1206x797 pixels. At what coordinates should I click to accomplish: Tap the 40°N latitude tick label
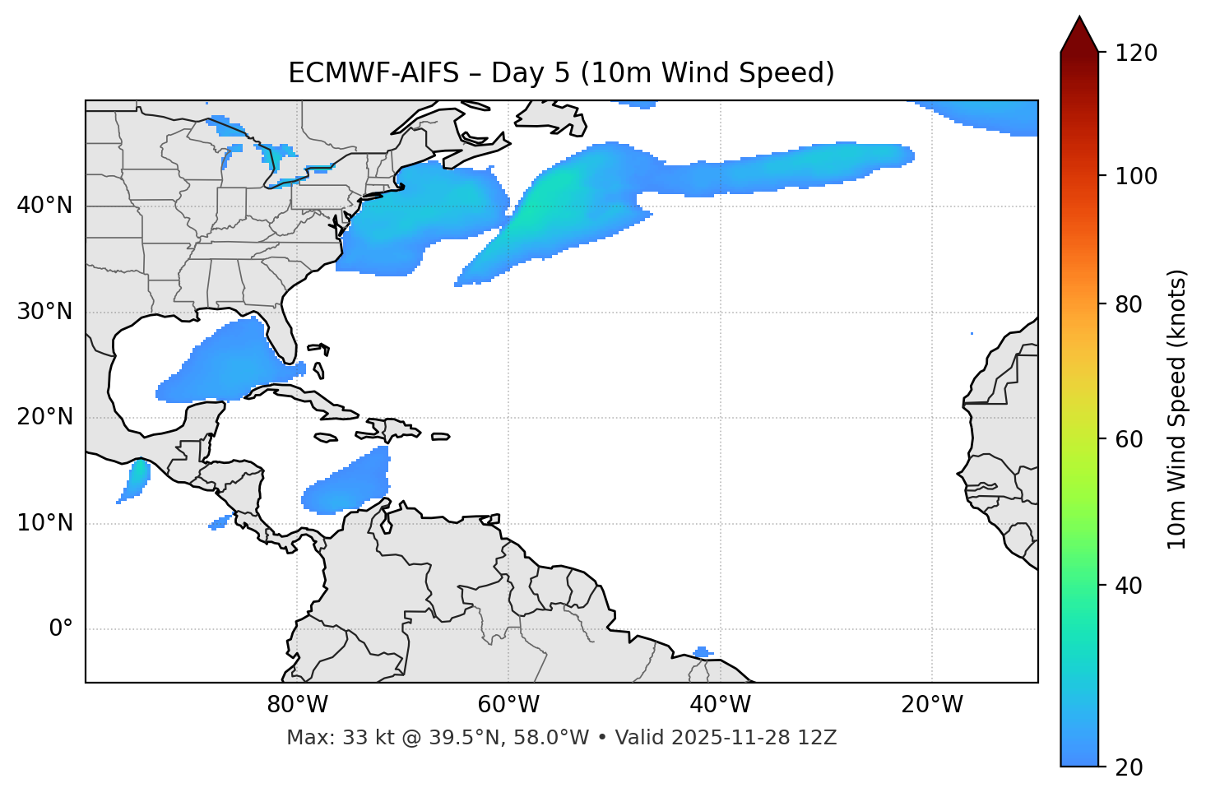[44, 206]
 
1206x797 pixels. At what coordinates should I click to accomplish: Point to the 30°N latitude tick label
[44, 312]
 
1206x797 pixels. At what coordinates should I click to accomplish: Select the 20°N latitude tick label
[44, 417]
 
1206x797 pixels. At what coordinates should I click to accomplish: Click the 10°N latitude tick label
[44, 523]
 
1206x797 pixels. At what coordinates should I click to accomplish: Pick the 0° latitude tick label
[60, 629]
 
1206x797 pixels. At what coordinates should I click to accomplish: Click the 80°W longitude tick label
[297, 705]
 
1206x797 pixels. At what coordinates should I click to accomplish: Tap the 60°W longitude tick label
[508, 705]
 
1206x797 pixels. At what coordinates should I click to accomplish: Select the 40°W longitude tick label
[720, 705]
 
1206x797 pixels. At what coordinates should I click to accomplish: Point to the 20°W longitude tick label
[931, 705]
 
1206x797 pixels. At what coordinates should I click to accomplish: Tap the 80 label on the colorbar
[1134, 304]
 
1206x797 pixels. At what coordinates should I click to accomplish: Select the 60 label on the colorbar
[1134, 439]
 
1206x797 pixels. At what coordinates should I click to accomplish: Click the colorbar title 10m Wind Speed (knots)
[1177, 409]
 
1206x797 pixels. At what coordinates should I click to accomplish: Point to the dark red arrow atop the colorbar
[1079, 35]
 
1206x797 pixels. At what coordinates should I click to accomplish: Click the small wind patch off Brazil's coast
[701, 652]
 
